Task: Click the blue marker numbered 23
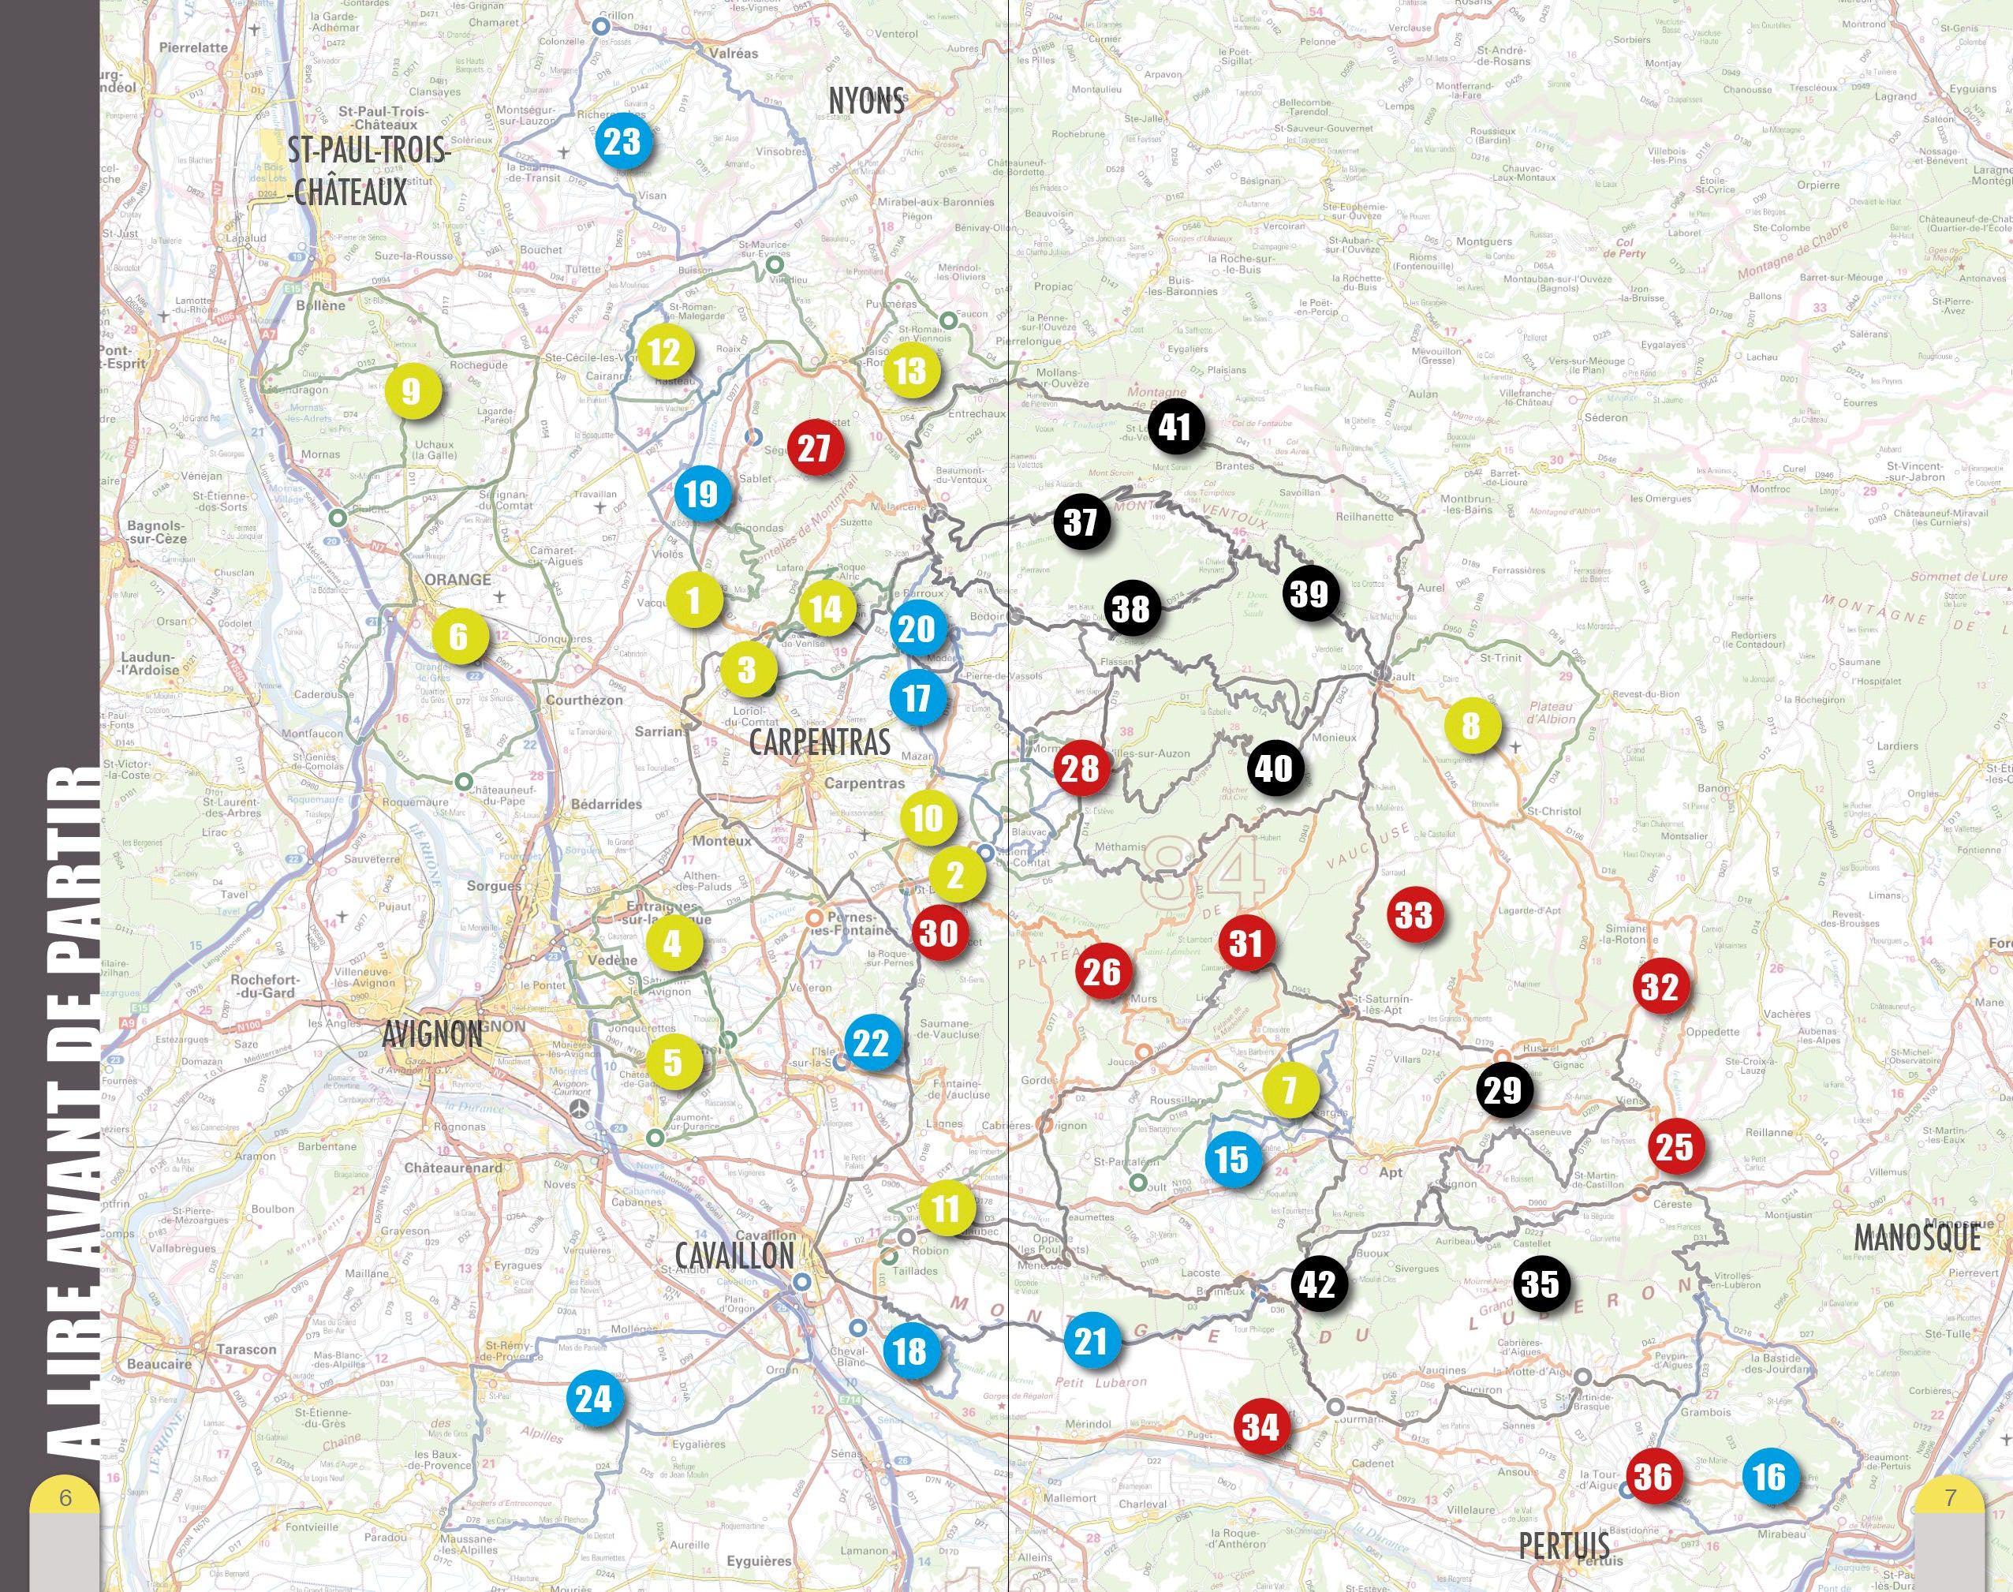622,142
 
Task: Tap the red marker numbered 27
815,447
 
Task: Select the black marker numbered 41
1175,427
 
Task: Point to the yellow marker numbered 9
411,391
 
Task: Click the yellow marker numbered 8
1472,724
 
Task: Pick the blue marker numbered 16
1768,1475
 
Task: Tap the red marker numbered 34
1260,1426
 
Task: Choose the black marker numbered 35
1540,1284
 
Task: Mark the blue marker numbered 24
594,1398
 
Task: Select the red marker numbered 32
1659,986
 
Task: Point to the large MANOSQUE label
1917,1238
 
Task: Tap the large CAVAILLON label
734,1255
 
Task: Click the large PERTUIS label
1564,1545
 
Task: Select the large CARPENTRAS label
820,742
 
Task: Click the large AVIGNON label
432,1033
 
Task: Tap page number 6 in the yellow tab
65,1498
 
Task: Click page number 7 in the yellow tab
1950,1498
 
